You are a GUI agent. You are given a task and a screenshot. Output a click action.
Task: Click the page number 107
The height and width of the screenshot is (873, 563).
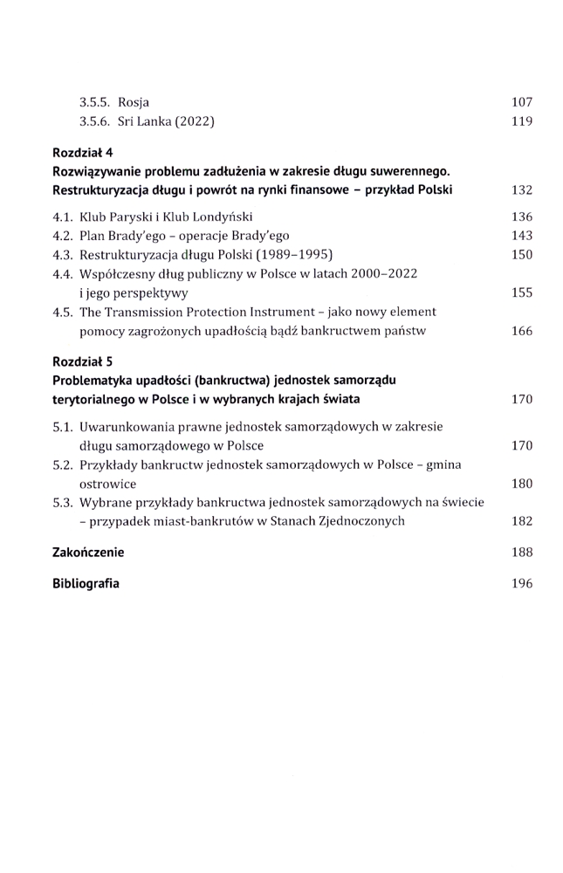click(522, 102)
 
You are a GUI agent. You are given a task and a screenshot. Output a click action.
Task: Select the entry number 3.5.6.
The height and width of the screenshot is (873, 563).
click(97, 121)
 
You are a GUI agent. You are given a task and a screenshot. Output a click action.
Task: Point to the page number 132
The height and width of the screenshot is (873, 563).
click(522, 190)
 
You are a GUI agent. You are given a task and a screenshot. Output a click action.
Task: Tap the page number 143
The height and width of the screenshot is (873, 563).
click(522, 236)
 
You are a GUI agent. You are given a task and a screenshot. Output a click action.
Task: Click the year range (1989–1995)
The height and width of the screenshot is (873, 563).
click(284, 255)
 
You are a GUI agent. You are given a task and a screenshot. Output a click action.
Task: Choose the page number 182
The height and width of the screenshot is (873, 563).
click(522, 521)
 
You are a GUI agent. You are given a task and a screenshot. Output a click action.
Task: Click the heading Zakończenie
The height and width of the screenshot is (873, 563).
click(87, 552)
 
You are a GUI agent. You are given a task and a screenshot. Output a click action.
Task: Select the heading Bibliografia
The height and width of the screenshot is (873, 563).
click(86, 582)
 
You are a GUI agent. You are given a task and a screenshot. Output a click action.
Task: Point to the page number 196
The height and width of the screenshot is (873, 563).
click(522, 582)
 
